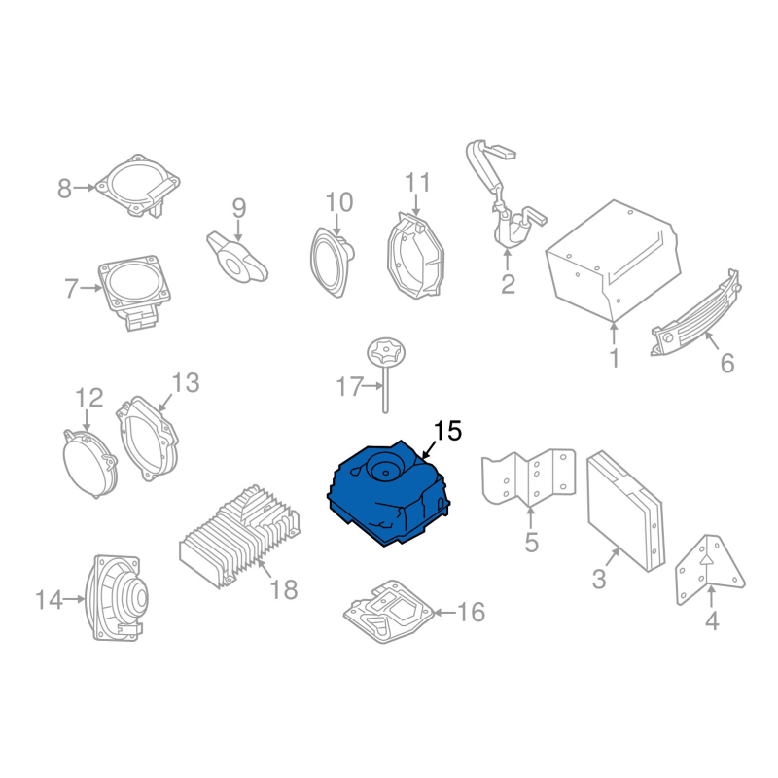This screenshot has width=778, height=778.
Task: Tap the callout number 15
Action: click(x=447, y=430)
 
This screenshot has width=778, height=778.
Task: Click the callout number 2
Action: click(x=508, y=284)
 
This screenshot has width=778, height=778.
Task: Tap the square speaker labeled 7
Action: click(x=133, y=286)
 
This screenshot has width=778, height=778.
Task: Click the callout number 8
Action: click(x=65, y=188)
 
